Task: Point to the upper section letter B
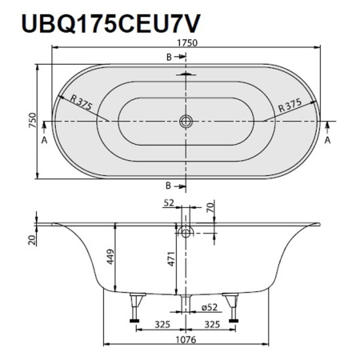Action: tap(169, 57)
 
